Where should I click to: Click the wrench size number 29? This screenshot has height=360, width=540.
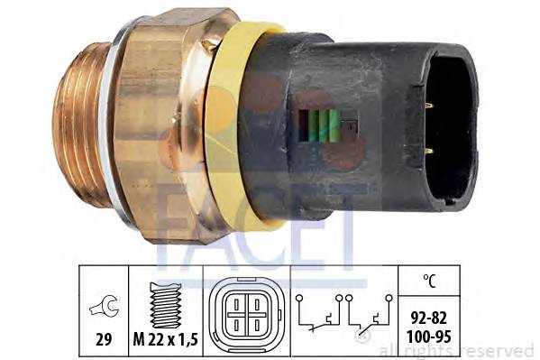click(x=104, y=339)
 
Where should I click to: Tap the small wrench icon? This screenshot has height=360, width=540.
click(x=104, y=306)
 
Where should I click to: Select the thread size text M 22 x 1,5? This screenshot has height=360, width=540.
click(x=166, y=339)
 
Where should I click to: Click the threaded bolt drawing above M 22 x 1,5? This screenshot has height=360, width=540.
click(x=166, y=305)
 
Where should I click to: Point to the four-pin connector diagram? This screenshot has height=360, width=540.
click(x=247, y=313)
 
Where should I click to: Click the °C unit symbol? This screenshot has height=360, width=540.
click(x=429, y=281)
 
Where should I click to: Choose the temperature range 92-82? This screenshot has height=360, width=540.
click(x=429, y=318)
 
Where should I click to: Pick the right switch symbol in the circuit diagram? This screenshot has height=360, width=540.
click(x=370, y=315)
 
